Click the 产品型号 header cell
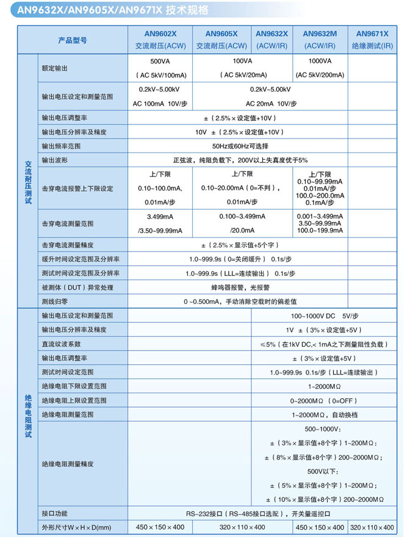[72, 40]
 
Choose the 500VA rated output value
[160, 61]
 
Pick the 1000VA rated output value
[320, 61]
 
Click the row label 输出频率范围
[61, 147]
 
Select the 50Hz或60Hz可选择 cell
[240, 147]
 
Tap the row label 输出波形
[54, 160]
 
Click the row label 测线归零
[54, 301]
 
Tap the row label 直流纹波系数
[61, 344]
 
